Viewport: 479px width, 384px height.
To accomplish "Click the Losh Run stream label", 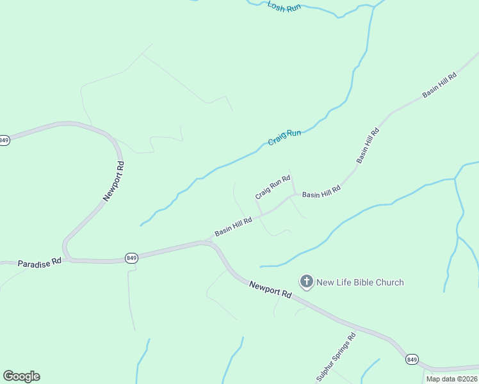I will [284, 6].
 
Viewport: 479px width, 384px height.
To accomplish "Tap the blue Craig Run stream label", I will [284, 136].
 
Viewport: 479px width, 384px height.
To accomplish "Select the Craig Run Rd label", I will [273, 188].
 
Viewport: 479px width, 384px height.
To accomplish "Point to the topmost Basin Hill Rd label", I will [439, 85].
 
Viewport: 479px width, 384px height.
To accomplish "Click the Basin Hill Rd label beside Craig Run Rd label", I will [321, 190].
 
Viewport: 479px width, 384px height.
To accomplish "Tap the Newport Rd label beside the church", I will [270, 289].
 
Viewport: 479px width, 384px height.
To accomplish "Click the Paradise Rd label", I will [39, 262].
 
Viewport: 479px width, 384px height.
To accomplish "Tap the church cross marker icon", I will [307, 281].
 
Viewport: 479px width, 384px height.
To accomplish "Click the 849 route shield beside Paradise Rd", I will [131, 258].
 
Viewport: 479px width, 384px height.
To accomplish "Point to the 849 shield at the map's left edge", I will [4, 140].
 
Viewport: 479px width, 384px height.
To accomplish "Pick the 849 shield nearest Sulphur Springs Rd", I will [412, 360].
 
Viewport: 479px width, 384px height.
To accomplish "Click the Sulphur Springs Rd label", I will [336, 358].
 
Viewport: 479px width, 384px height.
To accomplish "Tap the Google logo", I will [21, 376].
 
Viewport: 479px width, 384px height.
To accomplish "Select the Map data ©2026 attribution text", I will [451, 379].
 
